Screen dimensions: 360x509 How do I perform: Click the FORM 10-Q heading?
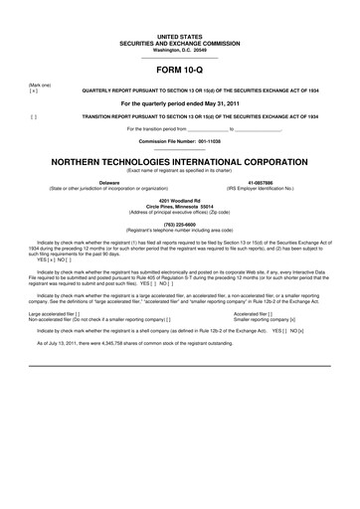tap(179, 71)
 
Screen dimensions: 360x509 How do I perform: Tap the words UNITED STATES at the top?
tap(179, 35)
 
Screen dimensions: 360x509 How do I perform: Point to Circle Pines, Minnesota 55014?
tap(179, 206)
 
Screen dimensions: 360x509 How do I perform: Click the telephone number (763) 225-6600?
tap(179, 224)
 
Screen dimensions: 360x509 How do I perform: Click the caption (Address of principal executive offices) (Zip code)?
tap(179, 213)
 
